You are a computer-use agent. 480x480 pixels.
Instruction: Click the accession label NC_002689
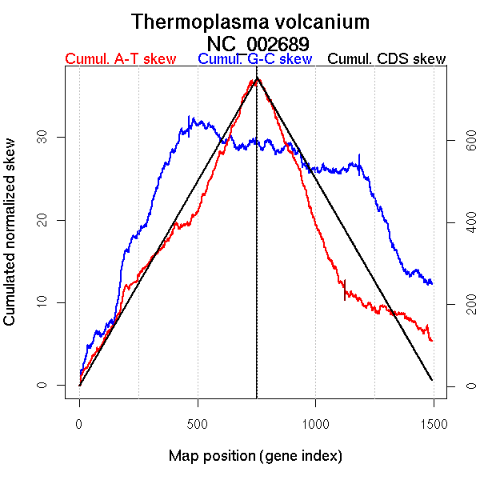coord(258,42)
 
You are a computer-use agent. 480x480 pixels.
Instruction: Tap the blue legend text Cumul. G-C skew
coord(254,59)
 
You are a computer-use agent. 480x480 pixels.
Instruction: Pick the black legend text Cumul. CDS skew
coord(387,59)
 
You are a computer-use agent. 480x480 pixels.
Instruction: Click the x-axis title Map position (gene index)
coord(255,456)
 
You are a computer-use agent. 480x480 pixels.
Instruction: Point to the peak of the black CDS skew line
coord(257,78)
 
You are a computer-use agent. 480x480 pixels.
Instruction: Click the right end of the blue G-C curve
coord(432,283)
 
